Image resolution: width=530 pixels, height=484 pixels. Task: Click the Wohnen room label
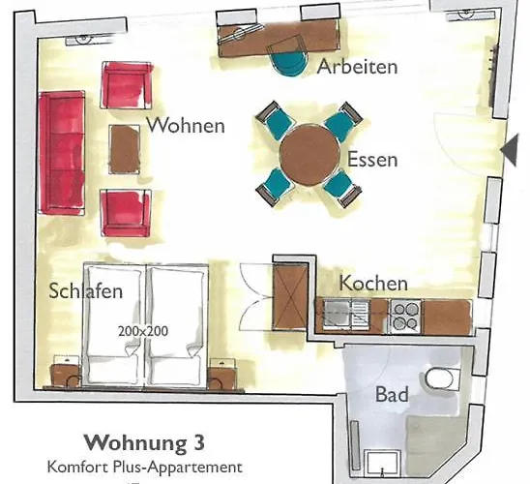click(185, 126)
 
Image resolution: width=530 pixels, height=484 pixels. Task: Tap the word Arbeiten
click(358, 67)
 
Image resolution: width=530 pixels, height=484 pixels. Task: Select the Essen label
click(372, 160)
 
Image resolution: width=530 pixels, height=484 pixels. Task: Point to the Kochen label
click(373, 284)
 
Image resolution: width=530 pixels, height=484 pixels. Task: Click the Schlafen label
click(87, 290)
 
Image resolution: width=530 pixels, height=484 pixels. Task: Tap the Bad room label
click(392, 395)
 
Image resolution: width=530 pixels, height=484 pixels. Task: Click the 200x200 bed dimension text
click(143, 330)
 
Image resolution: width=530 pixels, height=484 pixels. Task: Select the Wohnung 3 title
click(144, 444)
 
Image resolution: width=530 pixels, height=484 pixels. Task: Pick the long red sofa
click(61, 153)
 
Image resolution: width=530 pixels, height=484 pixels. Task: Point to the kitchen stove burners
click(404, 315)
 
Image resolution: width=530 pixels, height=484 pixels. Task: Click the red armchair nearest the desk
click(127, 85)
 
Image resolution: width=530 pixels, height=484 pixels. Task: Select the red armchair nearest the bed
click(126, 211)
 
